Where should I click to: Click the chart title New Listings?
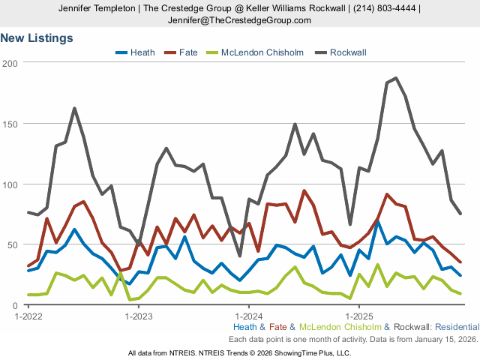click(x=37, y=37)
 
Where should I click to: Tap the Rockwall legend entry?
click(x=347, y=52)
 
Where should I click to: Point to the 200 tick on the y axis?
click(x=10, y=63)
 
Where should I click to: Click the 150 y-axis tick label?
click(x=10, y=124)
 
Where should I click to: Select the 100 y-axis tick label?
click(x=10, y=184)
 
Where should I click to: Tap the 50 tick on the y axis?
click(x=13, y=245)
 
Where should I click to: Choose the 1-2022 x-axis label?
click(x=28, y=316)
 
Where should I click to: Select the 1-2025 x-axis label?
click(x=358, y=316)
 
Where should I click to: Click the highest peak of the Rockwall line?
click(x=396, y=78)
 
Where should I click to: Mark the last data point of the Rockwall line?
click(x=460, y=214)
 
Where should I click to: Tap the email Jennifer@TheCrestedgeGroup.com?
click(x=240, y=19)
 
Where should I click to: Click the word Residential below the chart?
click(x=456, y=327)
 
